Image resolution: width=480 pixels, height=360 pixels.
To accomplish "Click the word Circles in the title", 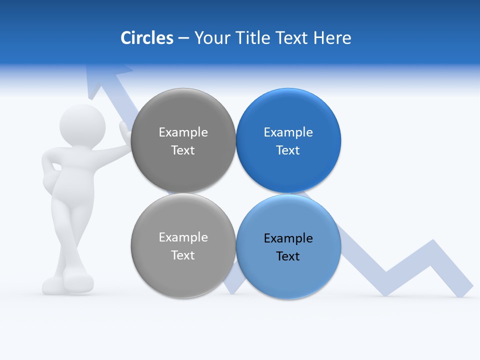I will (x=146, y=38).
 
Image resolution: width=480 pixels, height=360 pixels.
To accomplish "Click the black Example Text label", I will (x=288, y=247).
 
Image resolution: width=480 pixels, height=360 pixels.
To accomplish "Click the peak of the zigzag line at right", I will (x=432, y=245).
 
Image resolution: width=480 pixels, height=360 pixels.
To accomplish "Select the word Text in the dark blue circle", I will (x=288, y=150).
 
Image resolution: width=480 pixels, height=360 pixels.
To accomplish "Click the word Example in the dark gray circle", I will (x=183, y=132).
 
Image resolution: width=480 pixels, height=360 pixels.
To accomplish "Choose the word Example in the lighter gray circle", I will (x=183, y=237).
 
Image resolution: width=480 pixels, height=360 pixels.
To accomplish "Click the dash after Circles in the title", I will (x=183, y=38).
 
